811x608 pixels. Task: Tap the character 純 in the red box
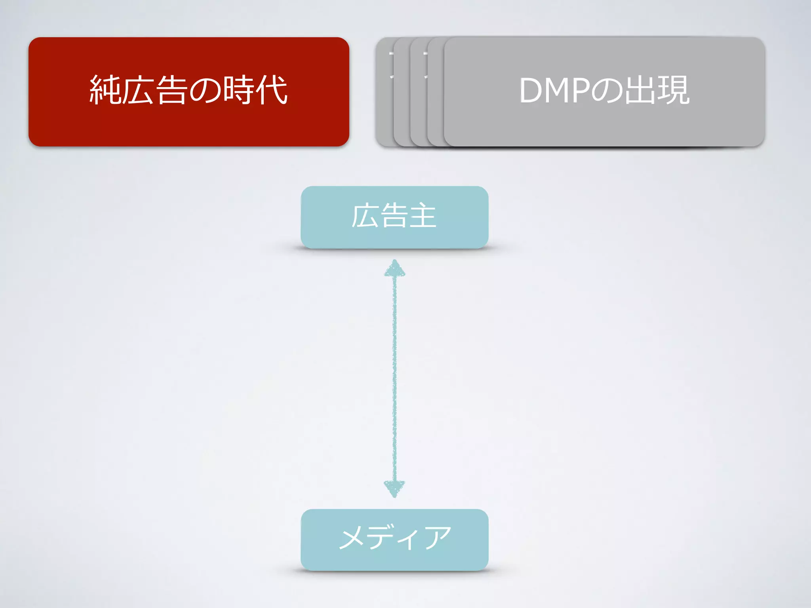click(x=105, y=90)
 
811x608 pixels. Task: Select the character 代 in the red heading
click(x=272, y=90)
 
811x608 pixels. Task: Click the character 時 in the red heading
click(x=238, y=90)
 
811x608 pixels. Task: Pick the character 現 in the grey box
click(x=674, y=90)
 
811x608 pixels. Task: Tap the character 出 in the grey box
click(x=640, y=90)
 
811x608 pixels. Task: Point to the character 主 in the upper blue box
click(x=423, y=216)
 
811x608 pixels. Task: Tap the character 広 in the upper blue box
click(x=365, y=216)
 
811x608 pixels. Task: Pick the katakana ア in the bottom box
click(x=438, y=538)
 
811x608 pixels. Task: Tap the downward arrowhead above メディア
click(x=394, y=488)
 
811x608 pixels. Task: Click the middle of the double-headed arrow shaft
click(x=394, y=378)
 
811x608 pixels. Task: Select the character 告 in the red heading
click(x=171, y=90)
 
